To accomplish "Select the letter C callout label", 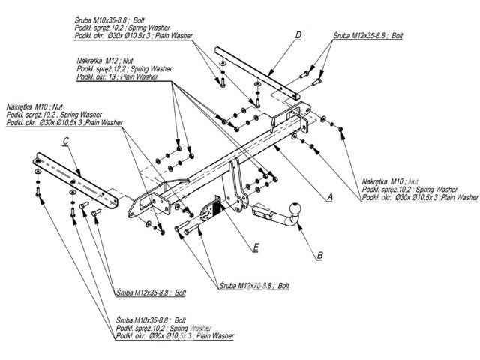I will [67, 141].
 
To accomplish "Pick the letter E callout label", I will [256, 246].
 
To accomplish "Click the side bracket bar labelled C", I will [75, 180].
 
